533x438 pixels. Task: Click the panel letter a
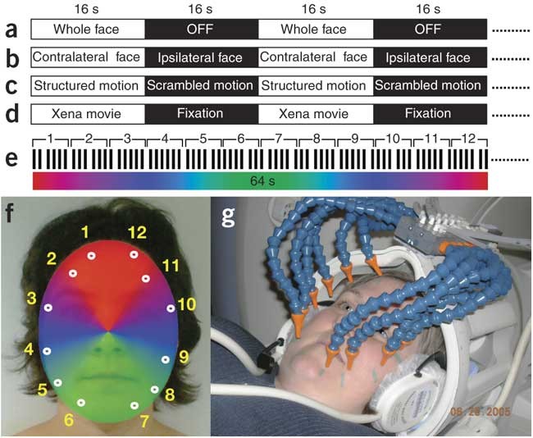(x=11, y=30)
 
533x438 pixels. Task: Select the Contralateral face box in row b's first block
(x=89, y=58)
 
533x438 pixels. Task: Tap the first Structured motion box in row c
(x=89, y=86)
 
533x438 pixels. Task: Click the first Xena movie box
(x=89, y=113)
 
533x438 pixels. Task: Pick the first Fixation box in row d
(x=203, y=113)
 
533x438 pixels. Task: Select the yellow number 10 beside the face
(x=187, y=304)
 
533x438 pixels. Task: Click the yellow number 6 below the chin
(x=69, y=420)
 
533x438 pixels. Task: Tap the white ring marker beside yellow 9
(x=165, y=359)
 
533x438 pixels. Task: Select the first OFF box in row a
(x=203, y=30)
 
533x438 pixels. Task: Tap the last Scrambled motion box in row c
(x=430, y=86)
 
